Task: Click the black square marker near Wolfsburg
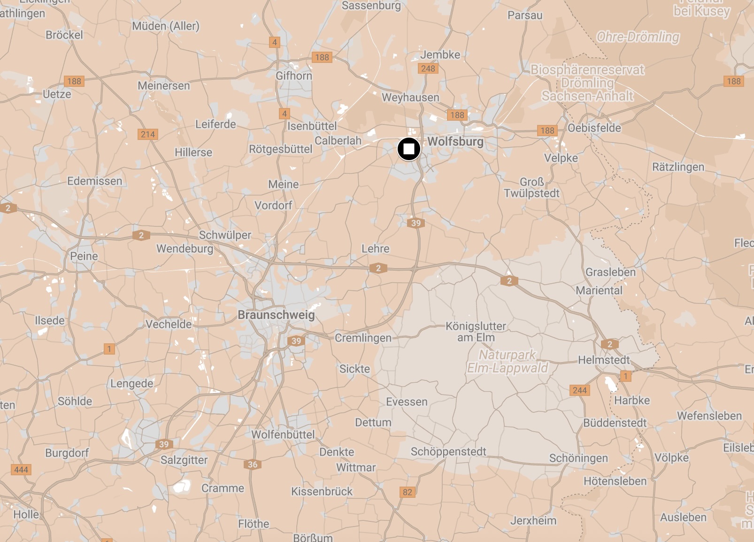tap(408, 149)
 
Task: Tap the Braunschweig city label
tap(276, 315)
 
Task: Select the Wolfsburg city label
tap(455, 141)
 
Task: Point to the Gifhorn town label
tap(294, 76)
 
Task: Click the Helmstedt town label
tap(604, 360)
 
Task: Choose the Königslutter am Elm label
tap(476, 332)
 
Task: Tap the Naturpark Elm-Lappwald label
tap(507, 361)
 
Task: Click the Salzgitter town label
tap(184, 460)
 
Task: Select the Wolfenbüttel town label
tap(283, 434)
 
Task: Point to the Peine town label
tap(84, 256)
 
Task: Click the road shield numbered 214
tap(148, 134)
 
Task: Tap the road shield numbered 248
tap(428, 69)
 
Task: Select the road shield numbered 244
tap(580, 390)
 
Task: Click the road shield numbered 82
tap(408, 492)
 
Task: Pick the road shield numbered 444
tap(21, 470)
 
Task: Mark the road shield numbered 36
tap(253, 465)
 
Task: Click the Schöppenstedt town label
tap(448, 451)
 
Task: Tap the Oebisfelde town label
tap(594, 128)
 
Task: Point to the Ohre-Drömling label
tap(638, 37)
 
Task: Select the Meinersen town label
tap(164, 85)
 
